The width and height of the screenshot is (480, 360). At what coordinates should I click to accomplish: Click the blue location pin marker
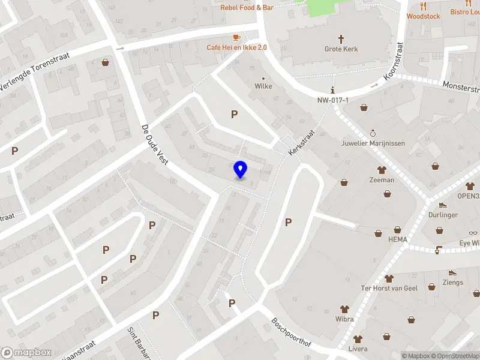[x=241, y=169]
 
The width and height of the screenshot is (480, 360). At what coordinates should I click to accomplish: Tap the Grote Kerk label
[x=341, y=49]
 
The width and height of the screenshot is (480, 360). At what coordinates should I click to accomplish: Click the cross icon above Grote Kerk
[x=341, y=39]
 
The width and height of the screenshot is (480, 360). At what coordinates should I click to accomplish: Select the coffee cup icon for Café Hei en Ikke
[x=237, y=37]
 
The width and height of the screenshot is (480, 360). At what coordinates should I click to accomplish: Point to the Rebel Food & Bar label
[x=247, y=8]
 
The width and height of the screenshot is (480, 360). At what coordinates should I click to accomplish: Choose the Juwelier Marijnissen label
[x=373, y=143]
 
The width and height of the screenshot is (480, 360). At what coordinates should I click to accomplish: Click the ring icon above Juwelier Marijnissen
[x=373, y=133]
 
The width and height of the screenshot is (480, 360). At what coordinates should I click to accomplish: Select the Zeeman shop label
[x=382, y=180]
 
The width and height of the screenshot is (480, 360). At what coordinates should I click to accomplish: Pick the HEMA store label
[x=397, y=239]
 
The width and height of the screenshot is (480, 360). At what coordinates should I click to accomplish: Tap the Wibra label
[x=344, y=319]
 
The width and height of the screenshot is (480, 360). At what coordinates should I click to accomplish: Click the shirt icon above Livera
[x=358, y=339]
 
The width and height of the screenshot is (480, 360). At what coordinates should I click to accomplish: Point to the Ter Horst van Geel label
[x=389, y=288]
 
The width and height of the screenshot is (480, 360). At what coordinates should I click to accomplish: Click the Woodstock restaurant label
[x=423, y=16]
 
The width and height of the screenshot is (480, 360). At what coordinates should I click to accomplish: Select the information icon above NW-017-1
[x=333, y=89]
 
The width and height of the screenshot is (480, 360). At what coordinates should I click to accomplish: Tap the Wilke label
[x=263, y=86]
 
